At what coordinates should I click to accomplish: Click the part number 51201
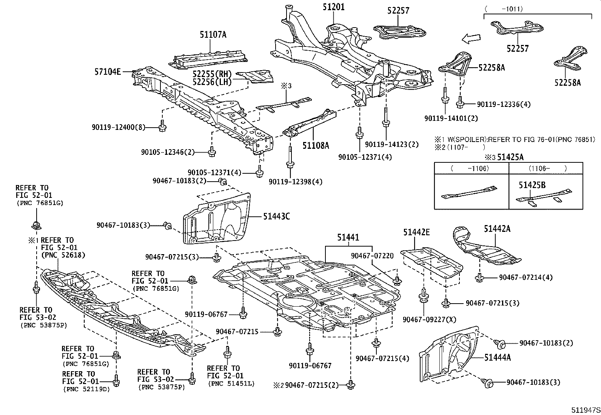pos(333,7)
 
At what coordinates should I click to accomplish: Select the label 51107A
pos(213,35)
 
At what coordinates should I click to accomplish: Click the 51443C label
pos(276,216)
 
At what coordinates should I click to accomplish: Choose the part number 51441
pos(348,237)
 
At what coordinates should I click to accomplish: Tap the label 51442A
pos(497,228)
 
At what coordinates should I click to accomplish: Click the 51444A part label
pos(497,357)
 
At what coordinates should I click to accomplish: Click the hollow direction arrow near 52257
pos(471,37)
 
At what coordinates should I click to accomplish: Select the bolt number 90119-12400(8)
pos(118,128)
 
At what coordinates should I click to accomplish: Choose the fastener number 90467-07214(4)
pos(525,278)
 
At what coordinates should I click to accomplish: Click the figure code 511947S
pos(585,410)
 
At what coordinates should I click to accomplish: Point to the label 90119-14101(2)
pos(451,118)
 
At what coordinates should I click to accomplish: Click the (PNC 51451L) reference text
pos(231,384)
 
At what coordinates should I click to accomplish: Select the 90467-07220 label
pos(372,256)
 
